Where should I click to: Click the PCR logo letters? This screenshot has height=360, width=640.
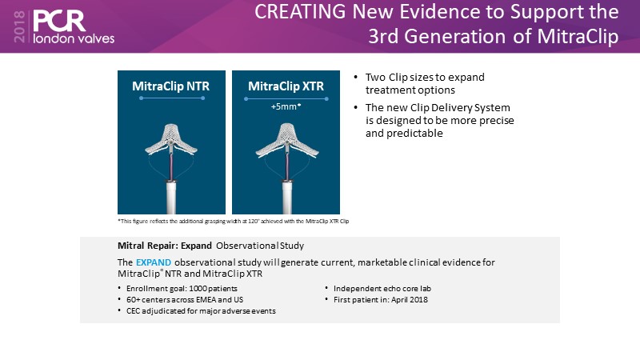59,21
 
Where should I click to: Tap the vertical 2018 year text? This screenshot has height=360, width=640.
19,26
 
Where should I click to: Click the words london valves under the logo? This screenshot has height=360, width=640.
74,38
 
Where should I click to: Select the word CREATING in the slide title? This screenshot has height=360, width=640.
300,11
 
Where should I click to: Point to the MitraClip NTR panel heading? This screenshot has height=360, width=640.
170,86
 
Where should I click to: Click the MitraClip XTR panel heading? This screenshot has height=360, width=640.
286,86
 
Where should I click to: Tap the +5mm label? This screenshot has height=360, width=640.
286,106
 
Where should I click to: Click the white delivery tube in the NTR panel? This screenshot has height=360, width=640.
171,198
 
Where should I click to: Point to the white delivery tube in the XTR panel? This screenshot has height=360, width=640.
287,198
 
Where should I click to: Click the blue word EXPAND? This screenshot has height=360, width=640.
154,262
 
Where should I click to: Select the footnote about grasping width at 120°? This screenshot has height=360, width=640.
234,222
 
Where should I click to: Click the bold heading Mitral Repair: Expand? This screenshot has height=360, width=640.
165,246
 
